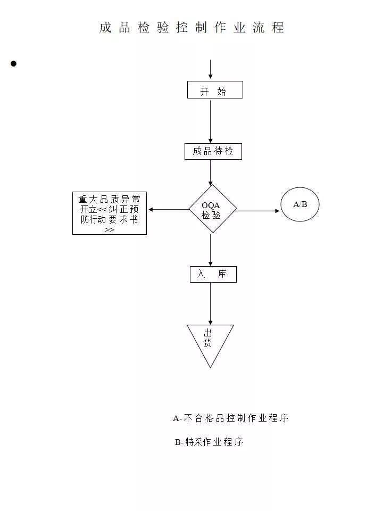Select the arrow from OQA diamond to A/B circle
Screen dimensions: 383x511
point(256,211)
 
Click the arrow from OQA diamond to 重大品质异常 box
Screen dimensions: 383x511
point(169,210)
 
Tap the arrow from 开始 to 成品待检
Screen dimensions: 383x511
point(211,121)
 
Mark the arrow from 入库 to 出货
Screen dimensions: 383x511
point(211,304)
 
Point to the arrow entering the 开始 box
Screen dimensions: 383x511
point(211,69)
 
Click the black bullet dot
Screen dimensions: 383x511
point(13,63)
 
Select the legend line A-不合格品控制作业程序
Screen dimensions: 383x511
point(230,418)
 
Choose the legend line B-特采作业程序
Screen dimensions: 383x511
point(209,442)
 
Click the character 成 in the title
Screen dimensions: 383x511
point(105,27)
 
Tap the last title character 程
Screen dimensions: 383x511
point(278,27)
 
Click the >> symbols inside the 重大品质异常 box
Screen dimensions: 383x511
point(110,230)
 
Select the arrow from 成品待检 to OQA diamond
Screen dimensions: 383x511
point(211,172)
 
